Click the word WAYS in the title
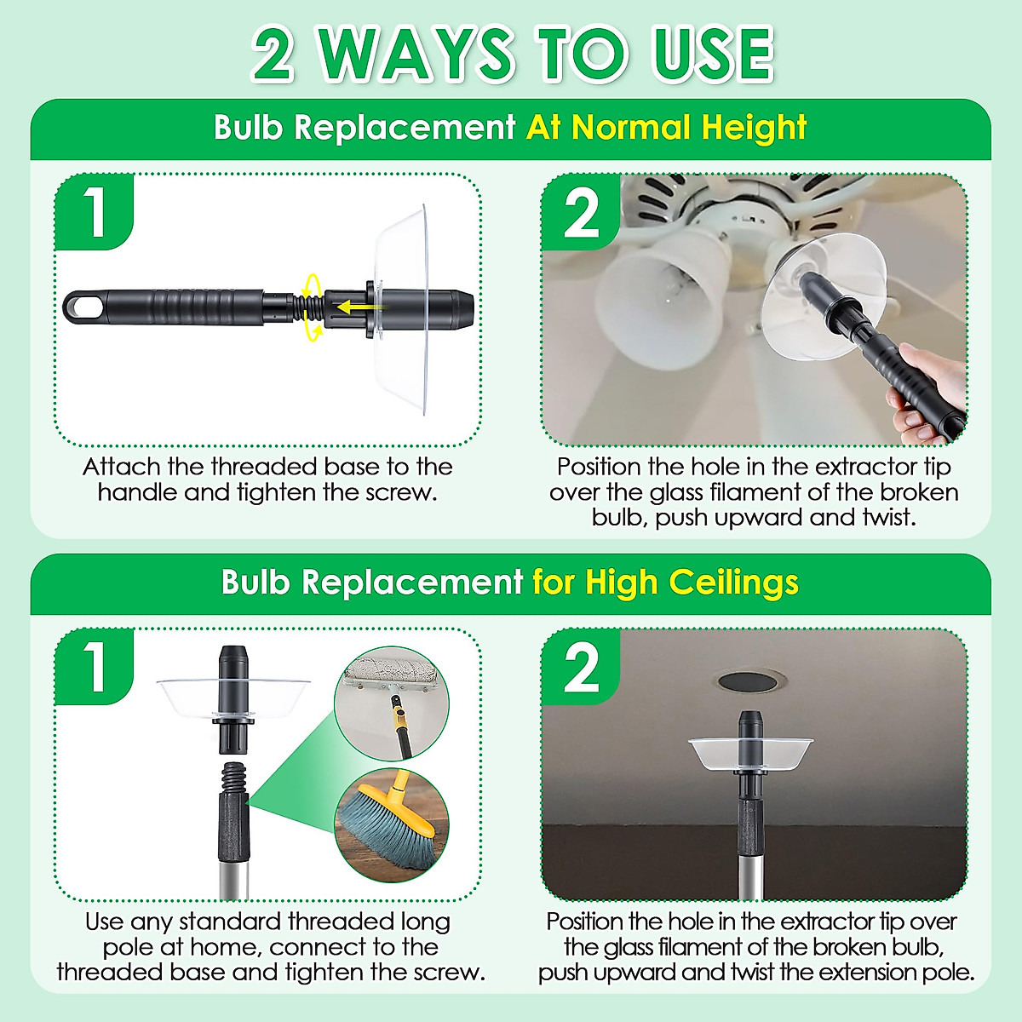417,55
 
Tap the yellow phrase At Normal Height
666,128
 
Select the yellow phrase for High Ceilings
665,583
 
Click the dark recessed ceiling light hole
749,681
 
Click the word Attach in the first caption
121,467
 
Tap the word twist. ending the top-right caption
887,517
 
